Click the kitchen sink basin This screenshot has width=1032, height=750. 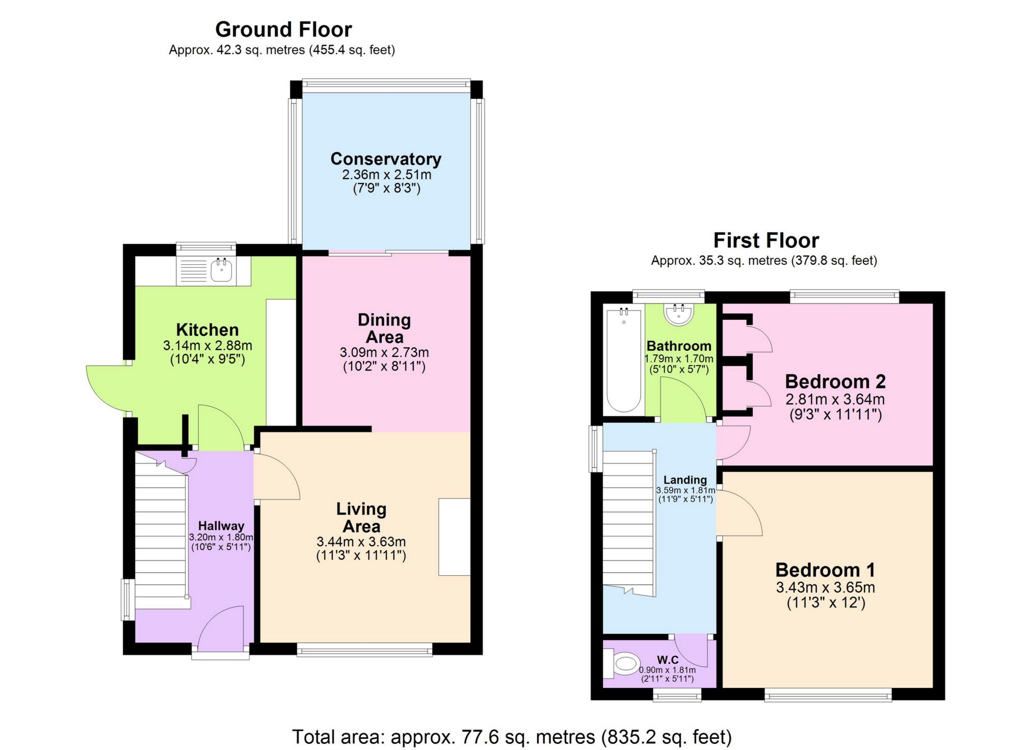pyautogui.click(x=222, y=271)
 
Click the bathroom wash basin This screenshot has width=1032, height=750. pyautogui.click(x=678, y=313)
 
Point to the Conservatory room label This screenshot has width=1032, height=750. pyautogui.click(x=386, y=159)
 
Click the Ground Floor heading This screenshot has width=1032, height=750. pyautogui.click(x=283, y=30)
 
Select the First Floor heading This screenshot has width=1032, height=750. pyautogui.click(x=765, y=240)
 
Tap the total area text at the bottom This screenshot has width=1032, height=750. pyautogui.click(x=511, y=737)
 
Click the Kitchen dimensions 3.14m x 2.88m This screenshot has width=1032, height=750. pyautogui.click(x=207, y=346)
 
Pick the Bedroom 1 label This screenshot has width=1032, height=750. pyautogui.click(x=825, y=570)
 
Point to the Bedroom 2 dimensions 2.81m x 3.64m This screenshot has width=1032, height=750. pyautogui.click(x=835, y=399)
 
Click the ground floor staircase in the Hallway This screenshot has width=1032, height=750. pyautogui.click(x=161, y=530)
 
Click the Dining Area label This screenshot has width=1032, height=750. pyautogui.click(x=384, y=328)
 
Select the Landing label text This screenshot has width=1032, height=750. pyautogui.click(x=685, y=480)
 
